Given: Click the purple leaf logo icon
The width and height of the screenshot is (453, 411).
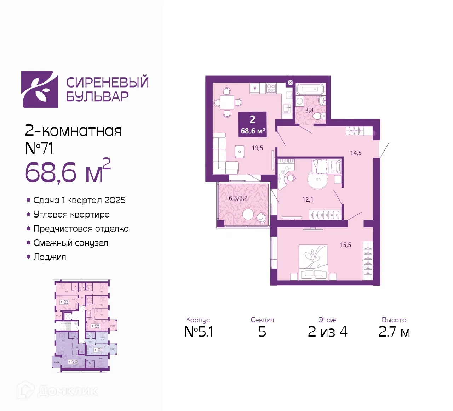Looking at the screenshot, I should [40, 89].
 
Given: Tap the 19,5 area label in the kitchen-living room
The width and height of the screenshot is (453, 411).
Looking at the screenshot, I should [257, 148].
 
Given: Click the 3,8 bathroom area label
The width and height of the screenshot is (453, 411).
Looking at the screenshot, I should [309, 111].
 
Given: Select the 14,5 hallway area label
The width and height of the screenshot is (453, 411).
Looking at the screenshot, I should [356, 153].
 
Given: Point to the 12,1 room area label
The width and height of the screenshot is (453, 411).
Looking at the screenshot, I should [308, 199].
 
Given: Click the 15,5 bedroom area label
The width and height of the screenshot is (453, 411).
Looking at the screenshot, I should [345, 245].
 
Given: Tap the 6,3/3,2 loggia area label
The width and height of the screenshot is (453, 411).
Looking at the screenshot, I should [238, 198].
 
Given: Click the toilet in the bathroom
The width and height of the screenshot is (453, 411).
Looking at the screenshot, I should [318, 116].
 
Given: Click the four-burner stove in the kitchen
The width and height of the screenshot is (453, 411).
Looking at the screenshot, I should [271, 88].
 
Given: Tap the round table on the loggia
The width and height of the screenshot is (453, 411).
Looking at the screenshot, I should [248, 214].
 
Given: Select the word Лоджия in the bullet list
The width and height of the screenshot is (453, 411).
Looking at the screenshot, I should [50, 257].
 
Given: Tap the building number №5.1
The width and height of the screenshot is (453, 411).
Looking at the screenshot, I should [199, 332].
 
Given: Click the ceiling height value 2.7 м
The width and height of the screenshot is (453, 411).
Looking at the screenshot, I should [394, 332].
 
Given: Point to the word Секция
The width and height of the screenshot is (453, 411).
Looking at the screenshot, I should [262, 320].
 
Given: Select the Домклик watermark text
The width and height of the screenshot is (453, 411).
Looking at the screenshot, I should [67, 391].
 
